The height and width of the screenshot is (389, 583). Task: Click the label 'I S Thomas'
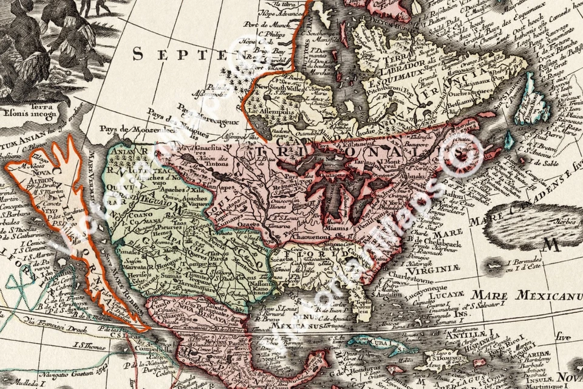89,345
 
